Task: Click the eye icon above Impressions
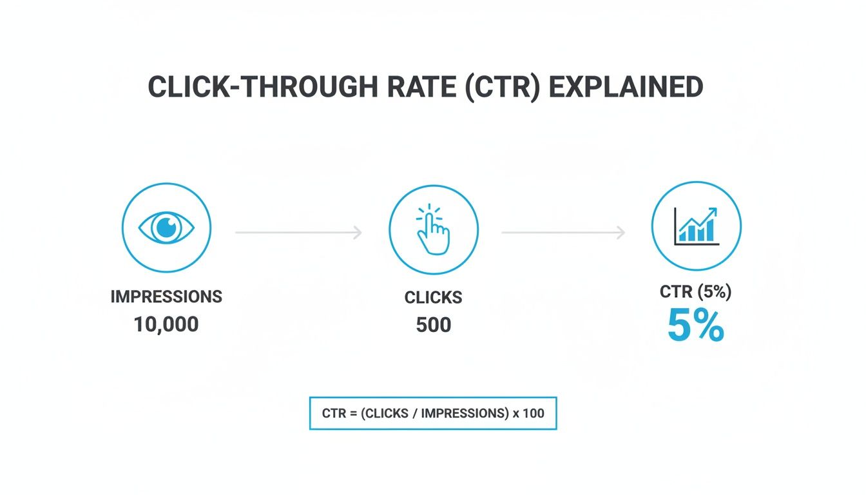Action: tap(166, 226)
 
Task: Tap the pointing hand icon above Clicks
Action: tap(433, 229)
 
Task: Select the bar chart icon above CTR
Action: tap(696, 225)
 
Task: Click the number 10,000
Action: tap(166, 324)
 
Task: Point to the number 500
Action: tap(433, 325)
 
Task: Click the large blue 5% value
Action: tap(696, 327)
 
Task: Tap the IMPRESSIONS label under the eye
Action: tap(166, 296)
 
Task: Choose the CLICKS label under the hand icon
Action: tap(433, 297)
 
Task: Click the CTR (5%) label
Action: tap(696, 292)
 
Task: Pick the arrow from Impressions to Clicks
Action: tap(298, 232)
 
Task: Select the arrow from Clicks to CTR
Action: tap(563, 233)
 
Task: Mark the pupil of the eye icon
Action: tap(166, 226)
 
